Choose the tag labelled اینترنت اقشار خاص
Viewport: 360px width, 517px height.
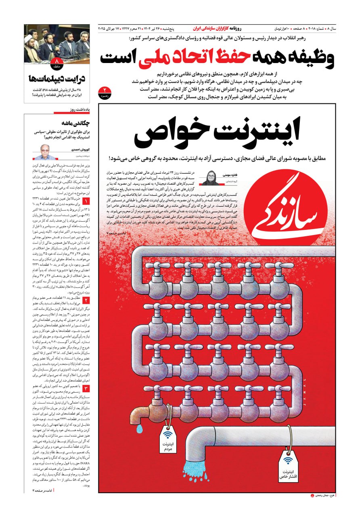click(x=288, y=468)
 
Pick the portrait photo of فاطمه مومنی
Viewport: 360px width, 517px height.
click(x=211, y=179)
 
